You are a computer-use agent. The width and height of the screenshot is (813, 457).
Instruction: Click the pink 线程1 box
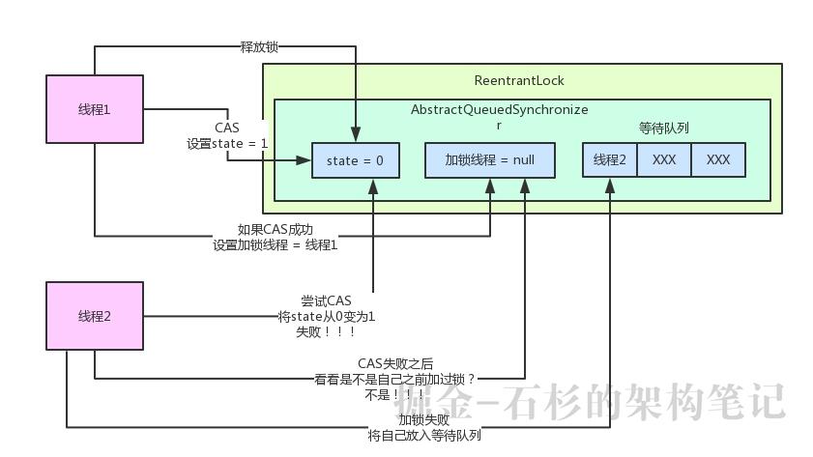[x=94, y=109]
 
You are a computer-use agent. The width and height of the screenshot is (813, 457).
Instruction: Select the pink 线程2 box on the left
[x=94, y=316]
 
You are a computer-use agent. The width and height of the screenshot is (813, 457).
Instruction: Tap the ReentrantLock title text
[x=519, y=80]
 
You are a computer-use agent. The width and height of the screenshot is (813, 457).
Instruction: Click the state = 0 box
[x=355, y=160]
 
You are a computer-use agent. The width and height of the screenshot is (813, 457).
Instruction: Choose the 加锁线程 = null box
[x=489, y=160]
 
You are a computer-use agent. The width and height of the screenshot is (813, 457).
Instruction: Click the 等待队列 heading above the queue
[x=664, y=129]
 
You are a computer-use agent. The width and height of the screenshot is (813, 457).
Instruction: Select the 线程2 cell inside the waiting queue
[x=610, y=160]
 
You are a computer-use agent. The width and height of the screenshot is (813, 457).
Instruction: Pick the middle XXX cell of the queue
[x=664, y=160]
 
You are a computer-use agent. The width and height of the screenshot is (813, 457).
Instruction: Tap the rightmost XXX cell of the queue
[x=718, y=160]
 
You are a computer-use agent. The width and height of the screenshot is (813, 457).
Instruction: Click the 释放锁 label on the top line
[x=259, y=45]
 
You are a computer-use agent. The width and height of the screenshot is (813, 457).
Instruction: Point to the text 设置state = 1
[x=227, y=143]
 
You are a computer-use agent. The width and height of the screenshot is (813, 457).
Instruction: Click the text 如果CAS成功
[x=276, y=230]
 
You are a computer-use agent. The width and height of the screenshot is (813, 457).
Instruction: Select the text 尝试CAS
[x=326, y=301]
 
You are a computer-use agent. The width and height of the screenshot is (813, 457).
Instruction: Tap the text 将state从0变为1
[x=326, y=316]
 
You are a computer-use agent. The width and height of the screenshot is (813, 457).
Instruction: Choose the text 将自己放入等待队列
[x=423, y=435]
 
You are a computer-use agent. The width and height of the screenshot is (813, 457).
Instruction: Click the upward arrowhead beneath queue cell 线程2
[x=610, y=185]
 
